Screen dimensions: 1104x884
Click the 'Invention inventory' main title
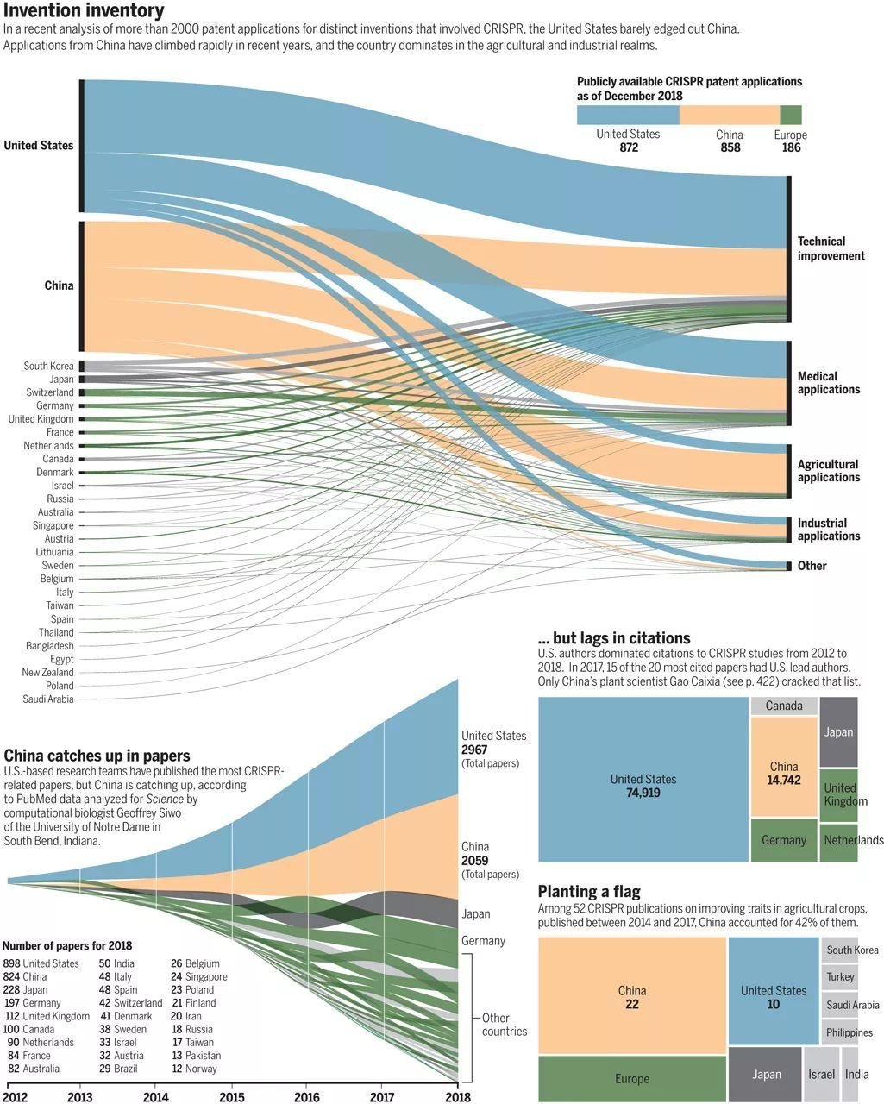pyautogui.click(x=84, y=11)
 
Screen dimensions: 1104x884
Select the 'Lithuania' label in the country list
pyautogui.click(x=54, y=552)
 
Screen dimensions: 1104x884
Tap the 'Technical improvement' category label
pyautogui.click(x=831, y=248)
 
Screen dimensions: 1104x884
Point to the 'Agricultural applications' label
pyautogui.click(x=828, y=471)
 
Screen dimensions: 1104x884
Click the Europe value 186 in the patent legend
pyautogui.click(x=791, y=147)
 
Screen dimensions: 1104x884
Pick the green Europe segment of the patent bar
pyautogui.click(x=791, y=116)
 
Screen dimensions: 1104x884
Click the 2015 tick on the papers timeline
pyautogui.click(x=231, y=1097)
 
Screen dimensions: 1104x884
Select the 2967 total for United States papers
pyautogui.click(x=474, y=750)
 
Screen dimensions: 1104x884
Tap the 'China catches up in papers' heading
pyautogui.click(x=97, y=756)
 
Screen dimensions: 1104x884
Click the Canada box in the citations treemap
pyautogui.click(x=784, y=706)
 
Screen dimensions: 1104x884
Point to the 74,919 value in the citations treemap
pyautogui.click(x=643, y=792)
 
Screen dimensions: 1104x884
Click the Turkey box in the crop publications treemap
pyautogui.click(x=840, y=977)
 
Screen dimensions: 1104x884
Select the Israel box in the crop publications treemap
pyautogui.click(x=821, y=1075)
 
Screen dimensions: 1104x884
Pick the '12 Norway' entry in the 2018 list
pyautogui.click(x=194, y=1069)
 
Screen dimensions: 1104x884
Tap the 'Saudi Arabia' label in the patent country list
pyautogui.click(x=48, y=699)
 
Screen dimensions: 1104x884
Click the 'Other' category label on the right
pyautogui.click(x=812, y=566)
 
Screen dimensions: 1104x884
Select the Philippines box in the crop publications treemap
pyautogui.click(x=849, y=1032)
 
